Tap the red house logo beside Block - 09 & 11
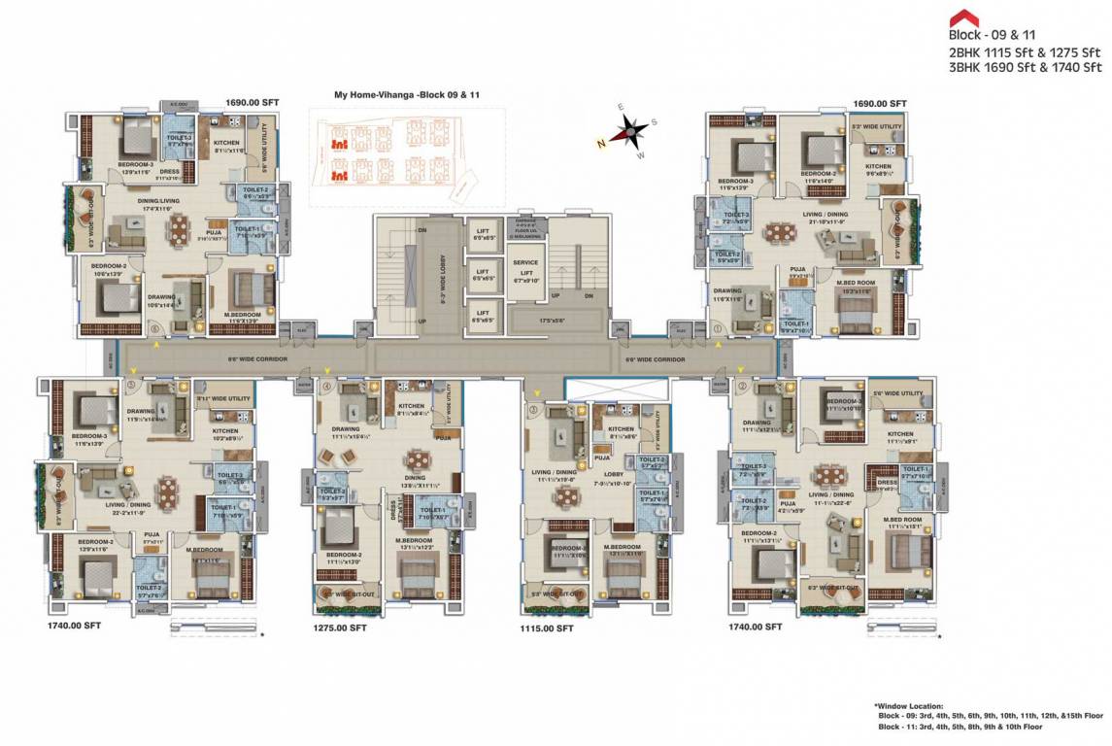click(x=963, y=18)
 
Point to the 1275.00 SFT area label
click(x=339, y=628)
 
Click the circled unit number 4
click(x=326, y=387)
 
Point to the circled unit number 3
click(x=533, y=411)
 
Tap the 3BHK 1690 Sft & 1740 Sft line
click(x=1026, y=67)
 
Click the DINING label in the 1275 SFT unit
click(x=415, y=477)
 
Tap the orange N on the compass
click(x=602, y=141)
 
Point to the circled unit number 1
click(x=718, y=328)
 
